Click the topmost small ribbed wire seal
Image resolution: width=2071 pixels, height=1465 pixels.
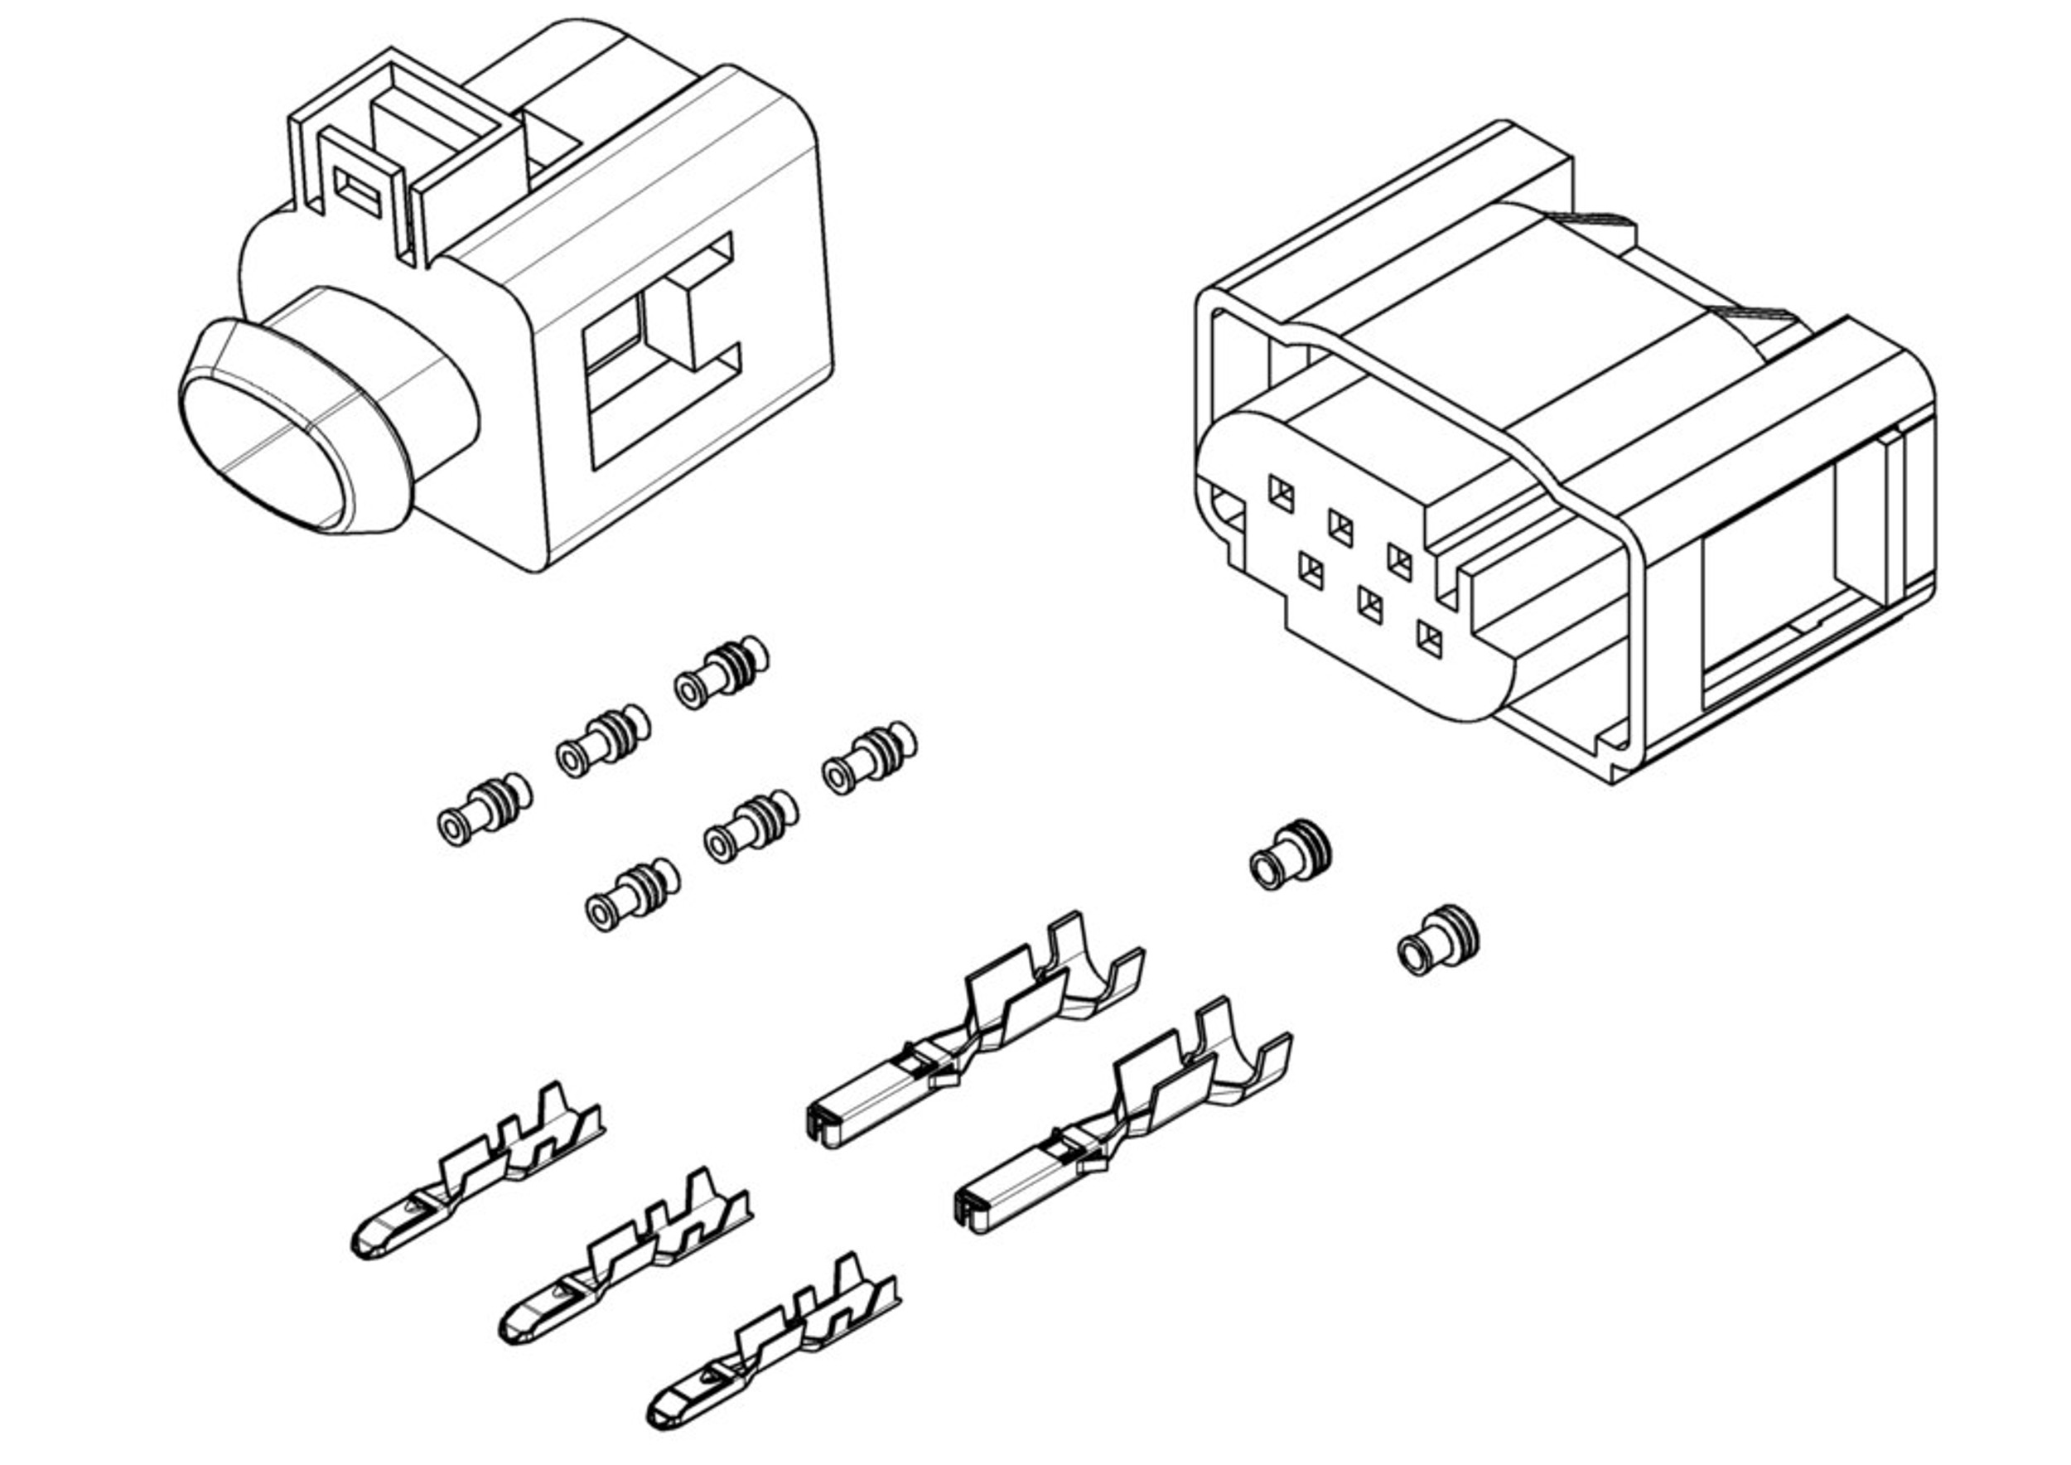[x=722, y=674]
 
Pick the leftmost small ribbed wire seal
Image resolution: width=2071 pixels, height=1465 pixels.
[x=485, y=810]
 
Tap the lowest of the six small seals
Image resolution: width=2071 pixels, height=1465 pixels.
[x=632, y=894]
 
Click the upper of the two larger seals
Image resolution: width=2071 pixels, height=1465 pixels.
[x=1291, y=854]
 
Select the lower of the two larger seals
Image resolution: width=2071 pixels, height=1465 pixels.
[x=1438, y=940]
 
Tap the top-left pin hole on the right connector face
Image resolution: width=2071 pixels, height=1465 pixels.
[x=1281, y=494]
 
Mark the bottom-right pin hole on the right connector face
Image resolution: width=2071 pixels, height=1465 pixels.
[x=1429, y=640]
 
